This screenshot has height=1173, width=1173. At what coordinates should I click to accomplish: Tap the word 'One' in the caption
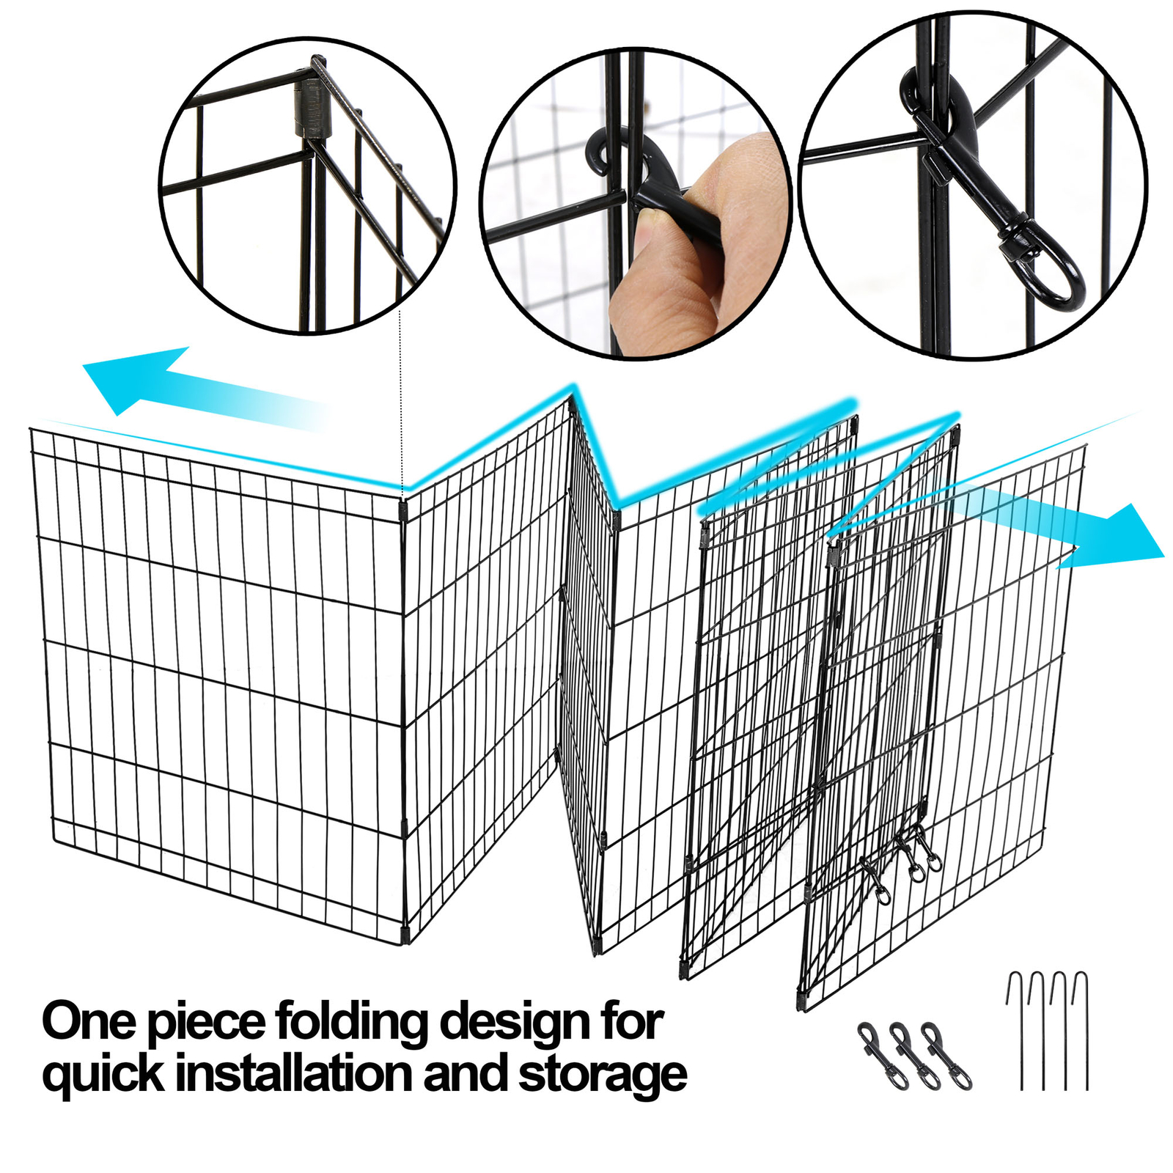(x=88, y=1021)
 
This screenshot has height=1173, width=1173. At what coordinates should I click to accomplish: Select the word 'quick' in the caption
(x=103, y=1075)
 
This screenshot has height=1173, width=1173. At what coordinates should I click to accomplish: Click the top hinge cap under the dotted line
(x=402, y=510)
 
